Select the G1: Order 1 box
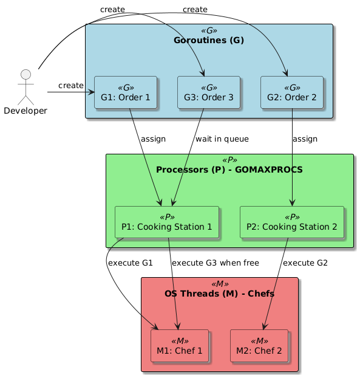coord(126,92)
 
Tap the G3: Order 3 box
coord(209,92)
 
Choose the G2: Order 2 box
coord(292,92)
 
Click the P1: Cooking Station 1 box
coord(166,222)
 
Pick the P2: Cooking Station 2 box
coord(292,222)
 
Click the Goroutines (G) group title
coord(209,41)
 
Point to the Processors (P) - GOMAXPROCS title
coord(229,169)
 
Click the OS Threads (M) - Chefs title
coord(219,294)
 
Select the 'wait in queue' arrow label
coord(222,139)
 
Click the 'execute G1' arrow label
coord(130,263)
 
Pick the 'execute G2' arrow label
coord(305,263)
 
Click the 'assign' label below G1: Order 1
coord(153,139)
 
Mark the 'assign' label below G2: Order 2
coord(305,139)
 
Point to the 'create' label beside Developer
coord(71,85)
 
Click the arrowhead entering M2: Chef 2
coord(265,326)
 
